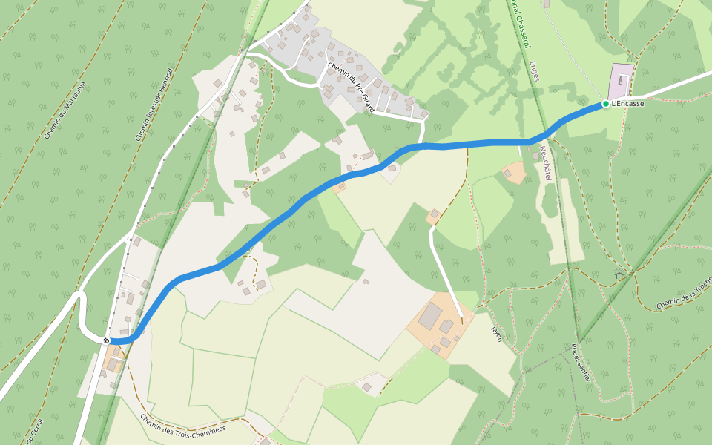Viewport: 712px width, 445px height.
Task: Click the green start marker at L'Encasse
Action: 605,104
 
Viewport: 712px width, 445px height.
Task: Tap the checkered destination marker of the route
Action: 107,340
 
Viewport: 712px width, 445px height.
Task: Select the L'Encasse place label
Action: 627,104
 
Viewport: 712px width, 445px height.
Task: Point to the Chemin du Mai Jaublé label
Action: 65,111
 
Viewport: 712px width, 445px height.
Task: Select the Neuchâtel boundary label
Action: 546,163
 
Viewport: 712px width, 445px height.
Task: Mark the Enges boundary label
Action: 535,71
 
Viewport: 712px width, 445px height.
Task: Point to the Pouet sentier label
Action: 580,363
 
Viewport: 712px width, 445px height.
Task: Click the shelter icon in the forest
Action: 619,275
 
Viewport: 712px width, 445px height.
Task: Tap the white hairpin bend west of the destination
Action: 81,311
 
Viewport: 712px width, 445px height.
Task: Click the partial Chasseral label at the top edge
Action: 518,22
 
